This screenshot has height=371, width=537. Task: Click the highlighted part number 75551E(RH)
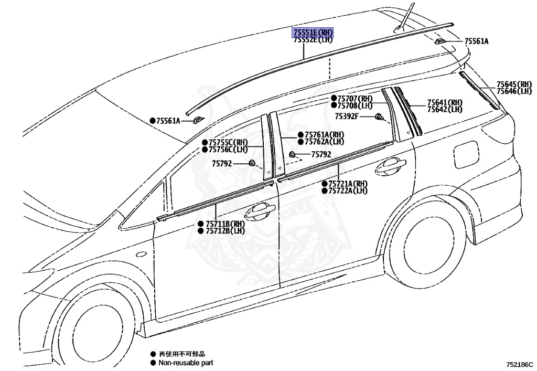pos(313,33)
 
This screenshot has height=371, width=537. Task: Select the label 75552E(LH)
pos(313,40)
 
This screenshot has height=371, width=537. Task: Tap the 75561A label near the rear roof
pos(476,41)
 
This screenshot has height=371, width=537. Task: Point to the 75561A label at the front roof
pos(168,121)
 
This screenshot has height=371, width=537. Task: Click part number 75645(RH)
pos(514,84)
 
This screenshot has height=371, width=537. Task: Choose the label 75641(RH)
pos(445,102)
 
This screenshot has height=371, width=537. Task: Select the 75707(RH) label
pos(355,99)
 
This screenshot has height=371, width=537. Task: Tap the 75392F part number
pos(347,116)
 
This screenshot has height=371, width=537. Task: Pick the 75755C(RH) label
pos(228,142)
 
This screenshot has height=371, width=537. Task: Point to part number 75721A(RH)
pos(348,184)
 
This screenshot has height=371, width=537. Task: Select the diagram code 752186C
pos(519,364)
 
